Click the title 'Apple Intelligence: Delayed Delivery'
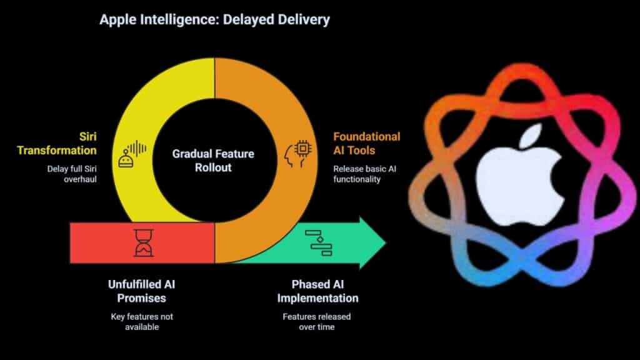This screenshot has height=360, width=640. pyautogui.click(x=214, y=19)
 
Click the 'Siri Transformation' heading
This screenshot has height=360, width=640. pyautogui.click(x=57, y=143)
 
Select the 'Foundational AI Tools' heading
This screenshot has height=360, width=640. pyautogui.click(x=366, y=143)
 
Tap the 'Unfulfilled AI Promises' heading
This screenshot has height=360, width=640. pyautogui.click(x=142, y=291)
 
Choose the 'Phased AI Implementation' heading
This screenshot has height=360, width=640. pyautogui.click(x=317, y=291)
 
